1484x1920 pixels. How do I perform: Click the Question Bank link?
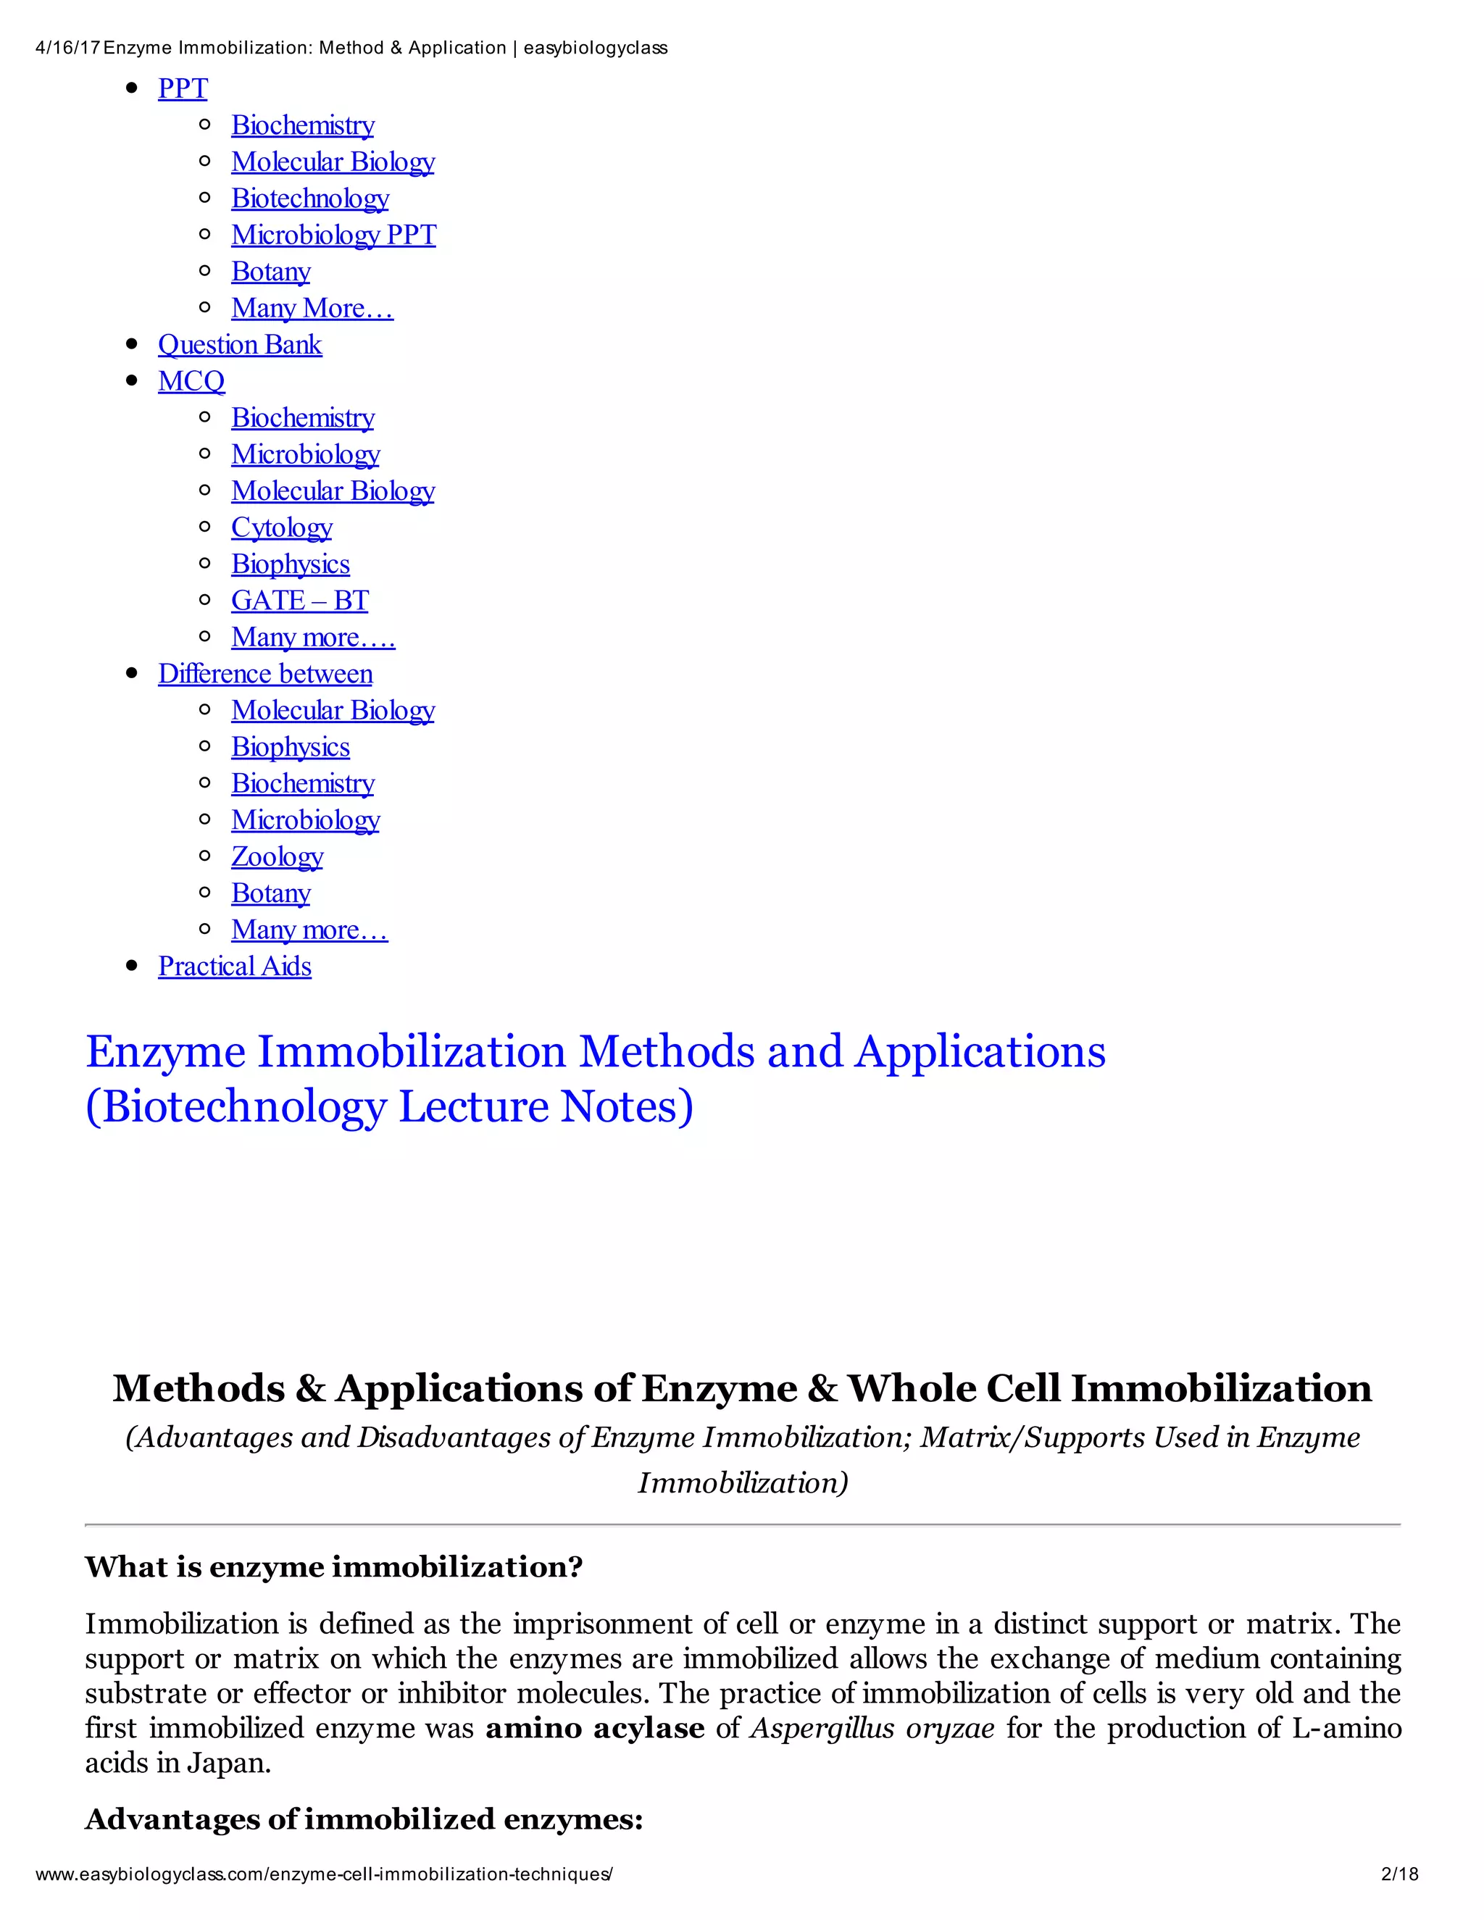pyautogui.click(x=239, y=345)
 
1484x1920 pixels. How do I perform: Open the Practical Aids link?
pyautogui.click(x=235, y=966)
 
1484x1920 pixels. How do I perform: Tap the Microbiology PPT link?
pyautogui.click(x=333, y=235)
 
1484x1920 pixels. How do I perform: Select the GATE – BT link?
pyautogui.click(x=300, y=601)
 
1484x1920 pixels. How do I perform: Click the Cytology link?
pyautogui.click(x=281, y=527)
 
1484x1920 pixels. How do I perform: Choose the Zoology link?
pyautogui.click(x=277, y=856)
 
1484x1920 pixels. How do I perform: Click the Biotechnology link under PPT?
pyautogui.click(x=309, y=199)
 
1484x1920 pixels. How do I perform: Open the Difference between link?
pyautogui.click(x=264, y=673)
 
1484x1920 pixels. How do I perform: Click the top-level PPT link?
pyautogui.click(x=183, y=89)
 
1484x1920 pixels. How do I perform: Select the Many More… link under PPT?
pyautogui.click(x=312, y=309)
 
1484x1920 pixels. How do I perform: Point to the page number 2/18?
pyautogui.click(x=1400, y=1874)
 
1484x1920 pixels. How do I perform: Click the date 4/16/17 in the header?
pyautogui.click(x=67, y=49)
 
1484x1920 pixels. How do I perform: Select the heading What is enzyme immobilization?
pyautogui.click(x=334, y=1566)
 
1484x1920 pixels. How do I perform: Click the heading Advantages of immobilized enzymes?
pyautogui.click(x=364, y=1819)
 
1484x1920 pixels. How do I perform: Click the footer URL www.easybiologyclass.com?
pyautogui.click(x=323, y=1874)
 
